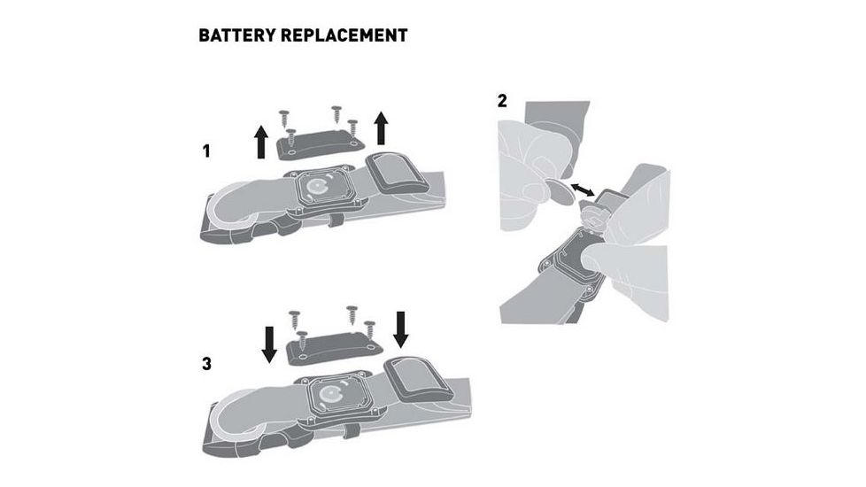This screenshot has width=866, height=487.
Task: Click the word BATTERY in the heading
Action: [236, 35]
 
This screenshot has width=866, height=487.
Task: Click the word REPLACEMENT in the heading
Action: [344, 35]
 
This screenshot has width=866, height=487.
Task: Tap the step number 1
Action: [206, 151]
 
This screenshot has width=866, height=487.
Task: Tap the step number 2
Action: [501, 101]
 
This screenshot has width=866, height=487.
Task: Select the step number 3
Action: [206, 364]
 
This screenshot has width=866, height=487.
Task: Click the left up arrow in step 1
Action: [260, 142]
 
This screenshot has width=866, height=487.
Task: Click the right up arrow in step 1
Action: [381, 128]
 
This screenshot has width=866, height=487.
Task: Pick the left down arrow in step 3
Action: [269, 344]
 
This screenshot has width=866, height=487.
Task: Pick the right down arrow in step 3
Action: [400, 329]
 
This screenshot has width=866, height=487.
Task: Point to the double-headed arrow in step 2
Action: [583, 189]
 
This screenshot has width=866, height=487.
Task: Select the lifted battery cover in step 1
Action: [320, 144]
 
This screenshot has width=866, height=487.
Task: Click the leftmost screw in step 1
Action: [284, 118]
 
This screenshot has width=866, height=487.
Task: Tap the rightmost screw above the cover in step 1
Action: [352, 128]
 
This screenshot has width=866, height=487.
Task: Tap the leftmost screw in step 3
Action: [294, 319]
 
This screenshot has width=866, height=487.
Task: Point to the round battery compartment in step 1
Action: [318, 187]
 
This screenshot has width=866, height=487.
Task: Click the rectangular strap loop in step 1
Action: [397, 174]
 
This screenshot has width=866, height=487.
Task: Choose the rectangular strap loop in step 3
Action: [419, 380]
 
